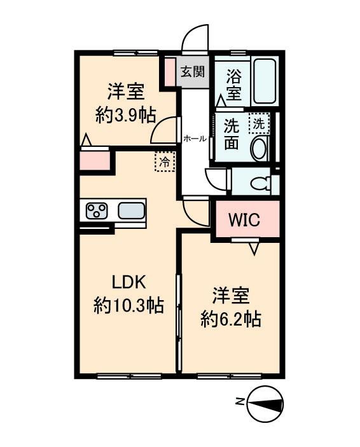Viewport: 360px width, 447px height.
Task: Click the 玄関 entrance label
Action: (192, 71)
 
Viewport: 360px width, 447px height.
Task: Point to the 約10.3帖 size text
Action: (129, 306)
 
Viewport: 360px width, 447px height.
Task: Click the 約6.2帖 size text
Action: (230, 318)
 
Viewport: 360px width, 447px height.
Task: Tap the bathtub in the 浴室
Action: (263, 82)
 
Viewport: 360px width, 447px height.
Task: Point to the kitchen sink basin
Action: (131, 210)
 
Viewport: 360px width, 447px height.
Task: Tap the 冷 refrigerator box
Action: (163, 162)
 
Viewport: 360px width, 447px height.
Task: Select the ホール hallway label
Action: (194, 139)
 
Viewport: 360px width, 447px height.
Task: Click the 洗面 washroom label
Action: (232, 134)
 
